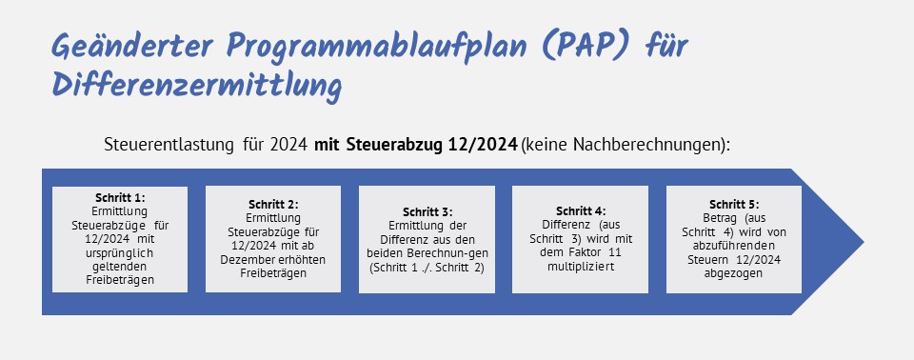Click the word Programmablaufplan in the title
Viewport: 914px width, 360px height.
[x=377, y=46]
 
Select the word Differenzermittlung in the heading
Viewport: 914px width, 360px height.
[x=196, y=87]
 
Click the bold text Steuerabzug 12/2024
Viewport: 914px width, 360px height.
[x=431, y=145]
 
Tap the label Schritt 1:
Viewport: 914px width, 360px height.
[x=120, y=197]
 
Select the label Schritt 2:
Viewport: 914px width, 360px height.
[x=273, y=204]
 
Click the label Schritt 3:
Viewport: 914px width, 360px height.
[x=427, y=211]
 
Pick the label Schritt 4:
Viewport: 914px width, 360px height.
[x=581, y=211]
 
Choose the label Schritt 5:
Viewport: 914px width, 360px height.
[x=734, y=204]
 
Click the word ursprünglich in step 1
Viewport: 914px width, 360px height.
[x=120, y=253]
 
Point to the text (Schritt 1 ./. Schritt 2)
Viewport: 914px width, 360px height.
[x=427, y=268]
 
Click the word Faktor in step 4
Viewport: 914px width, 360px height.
[x=590, y=253]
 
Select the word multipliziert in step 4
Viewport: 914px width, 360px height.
[x=581, y=267]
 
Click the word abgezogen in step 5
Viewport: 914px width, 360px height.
[x=734, y=273]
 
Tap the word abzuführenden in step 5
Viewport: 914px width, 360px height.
[x=734, y=246]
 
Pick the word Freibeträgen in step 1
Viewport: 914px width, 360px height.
[x=120, y=280]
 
